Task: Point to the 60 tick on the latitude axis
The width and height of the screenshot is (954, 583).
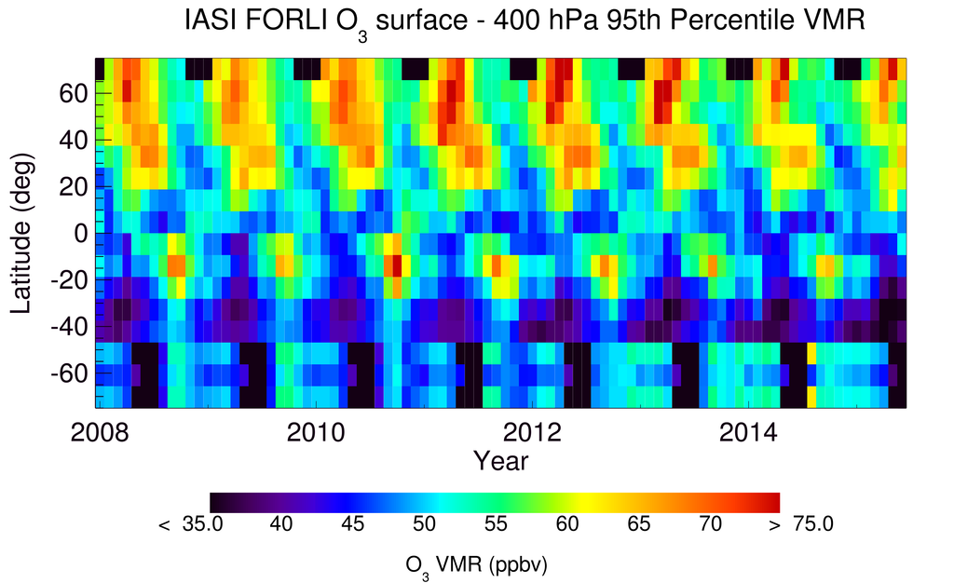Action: tap(75, 93)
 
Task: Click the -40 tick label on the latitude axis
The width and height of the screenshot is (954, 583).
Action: tap(69, 327)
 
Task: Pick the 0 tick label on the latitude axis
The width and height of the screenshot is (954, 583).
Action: tap(82, 234)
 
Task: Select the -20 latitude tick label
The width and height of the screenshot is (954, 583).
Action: tap(69, 280)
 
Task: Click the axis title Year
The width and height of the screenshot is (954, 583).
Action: tap(500, 460)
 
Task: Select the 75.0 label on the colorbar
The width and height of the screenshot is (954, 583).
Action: tap(812, 525)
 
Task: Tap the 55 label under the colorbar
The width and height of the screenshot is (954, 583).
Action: tap(495, 525)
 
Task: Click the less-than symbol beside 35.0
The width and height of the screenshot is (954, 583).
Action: tap(164, 526)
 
